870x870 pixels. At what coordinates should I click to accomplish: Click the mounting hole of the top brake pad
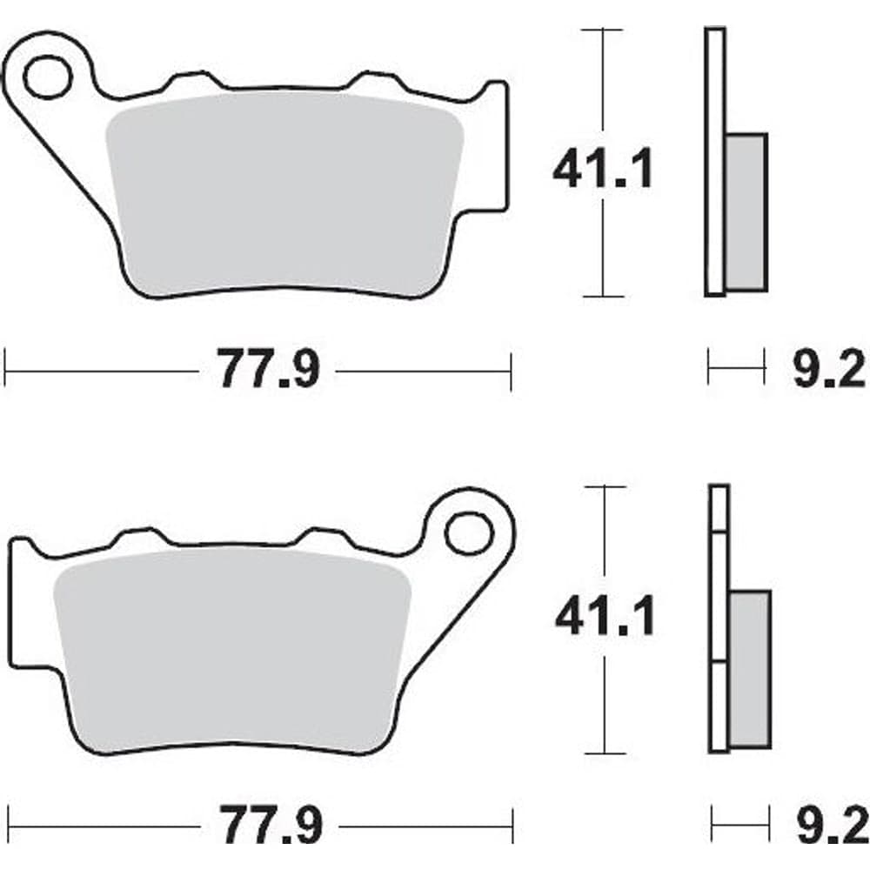pyautogui.click(x=48, y=77)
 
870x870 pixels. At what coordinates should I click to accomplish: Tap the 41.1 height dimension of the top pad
pyautogui.click(x=603, y=168)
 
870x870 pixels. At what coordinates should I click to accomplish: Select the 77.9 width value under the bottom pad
pyautogui.click(x=271, y=826)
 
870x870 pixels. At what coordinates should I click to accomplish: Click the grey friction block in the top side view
pyautogui.click(x=746, y=212)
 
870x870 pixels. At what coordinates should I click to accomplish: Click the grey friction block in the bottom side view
pyautogui.click(x=750, y=669)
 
